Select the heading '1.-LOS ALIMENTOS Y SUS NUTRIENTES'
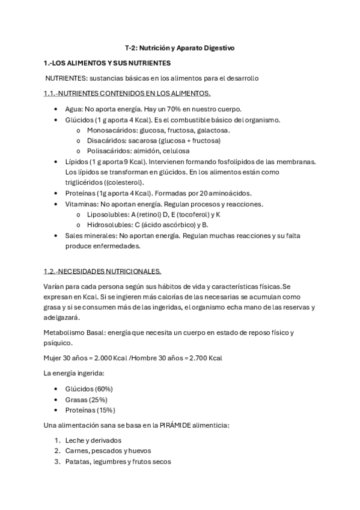tap(107, 63)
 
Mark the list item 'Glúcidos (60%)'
tap(89, 389)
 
